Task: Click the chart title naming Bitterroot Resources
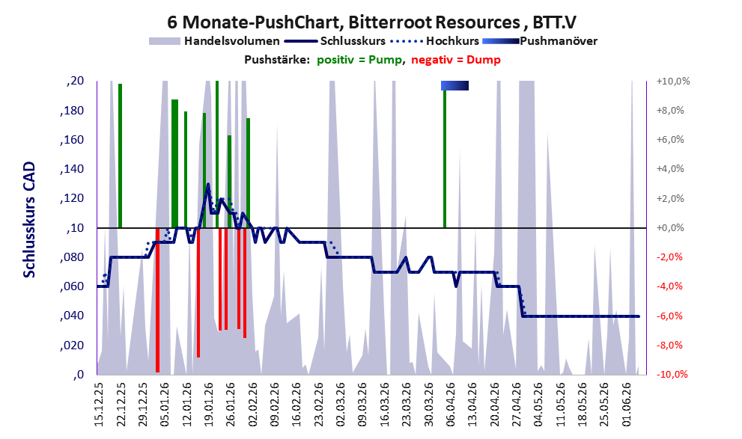point(371,22)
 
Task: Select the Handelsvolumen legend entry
point(214,41)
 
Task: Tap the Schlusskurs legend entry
point(335,41)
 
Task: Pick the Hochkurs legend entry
point(435,41)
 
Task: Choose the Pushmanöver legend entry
point(540,41)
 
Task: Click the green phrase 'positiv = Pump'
point(359,60)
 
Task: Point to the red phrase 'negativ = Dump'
point(456,60)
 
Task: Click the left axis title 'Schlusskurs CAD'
point(29,220)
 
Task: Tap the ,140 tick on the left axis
point(72,169)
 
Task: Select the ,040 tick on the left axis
point(72,316)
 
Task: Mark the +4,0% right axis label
point(670,169)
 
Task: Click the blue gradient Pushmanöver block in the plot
point(454,85)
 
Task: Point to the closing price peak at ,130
point(207,184)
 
